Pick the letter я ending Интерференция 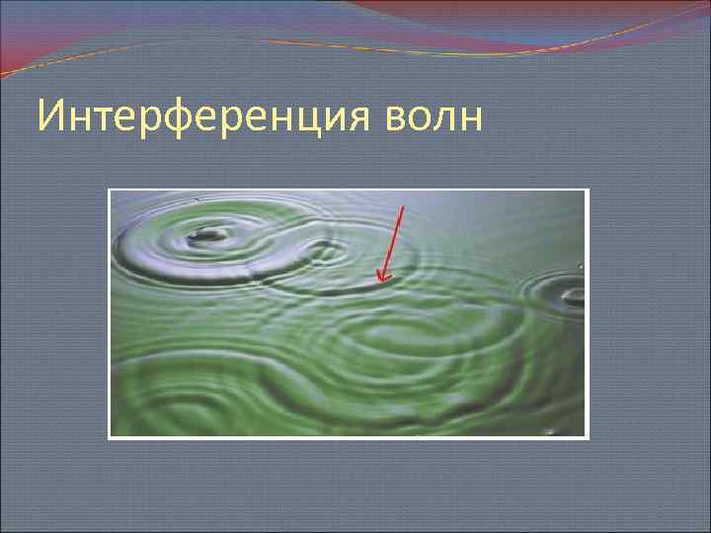click(362, 118)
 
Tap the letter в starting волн click(391, 119)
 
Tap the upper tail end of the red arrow click(403, 206)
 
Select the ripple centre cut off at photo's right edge click(572, 293)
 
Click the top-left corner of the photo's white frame click(109, 190)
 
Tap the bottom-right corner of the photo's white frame click(588, 437)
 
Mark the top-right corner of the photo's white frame click(588, 190)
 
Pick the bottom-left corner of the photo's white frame click(109, 437)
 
